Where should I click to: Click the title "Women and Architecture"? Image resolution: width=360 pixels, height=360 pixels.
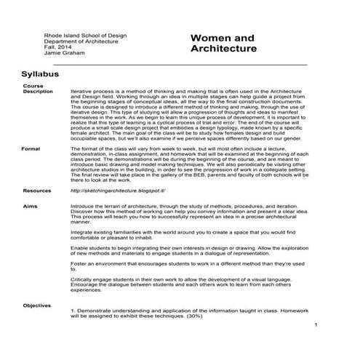coord(223,44)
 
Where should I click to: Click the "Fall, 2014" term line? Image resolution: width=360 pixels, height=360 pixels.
coord(57,47)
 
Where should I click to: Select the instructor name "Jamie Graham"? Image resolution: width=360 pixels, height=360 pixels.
coord(63,53)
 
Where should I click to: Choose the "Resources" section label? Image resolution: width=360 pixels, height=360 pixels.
coord(37,191)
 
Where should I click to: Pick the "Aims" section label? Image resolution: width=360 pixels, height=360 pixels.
coord(30,207)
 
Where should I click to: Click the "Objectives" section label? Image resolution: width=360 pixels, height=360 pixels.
coord(37,305)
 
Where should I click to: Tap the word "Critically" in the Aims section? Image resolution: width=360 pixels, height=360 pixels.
coord(81,279)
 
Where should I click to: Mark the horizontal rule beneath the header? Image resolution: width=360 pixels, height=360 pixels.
coord(182,64)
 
